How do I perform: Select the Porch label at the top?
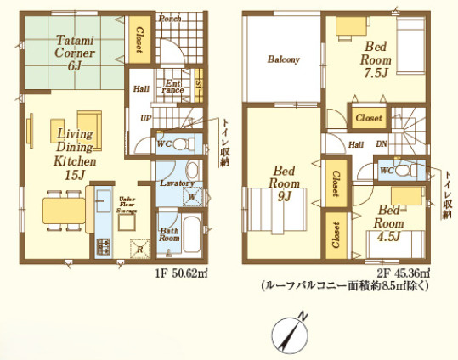[x=170, y=18]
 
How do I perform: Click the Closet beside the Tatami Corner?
[x=139, y=40]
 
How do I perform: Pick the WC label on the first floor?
[x=165, y=143]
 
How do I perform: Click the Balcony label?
[x=283, y=59]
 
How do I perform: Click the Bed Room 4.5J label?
[x=389, y=223]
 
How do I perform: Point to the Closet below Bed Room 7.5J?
[x=369, y=117]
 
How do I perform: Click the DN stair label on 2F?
[x=381, y=144]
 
